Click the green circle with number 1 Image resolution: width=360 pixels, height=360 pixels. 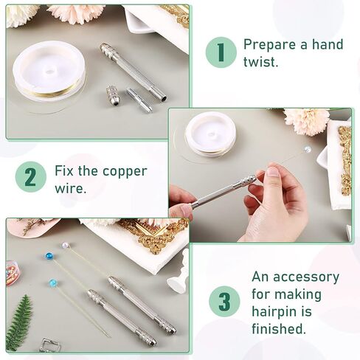coord(221,53)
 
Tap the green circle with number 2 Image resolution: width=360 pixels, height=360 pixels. coord(30,177)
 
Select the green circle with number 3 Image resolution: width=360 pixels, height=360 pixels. coord(224,302)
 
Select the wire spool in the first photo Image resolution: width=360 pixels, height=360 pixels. coord(49,74)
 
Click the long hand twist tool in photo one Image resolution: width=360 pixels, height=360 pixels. coord(132,72)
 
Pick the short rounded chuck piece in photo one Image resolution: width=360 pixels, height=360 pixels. coord(113,95)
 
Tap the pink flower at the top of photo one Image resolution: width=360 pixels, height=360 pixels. coord(76,13)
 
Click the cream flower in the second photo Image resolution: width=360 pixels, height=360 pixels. coord(305,120)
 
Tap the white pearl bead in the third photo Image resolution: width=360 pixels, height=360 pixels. coord(65,246)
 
